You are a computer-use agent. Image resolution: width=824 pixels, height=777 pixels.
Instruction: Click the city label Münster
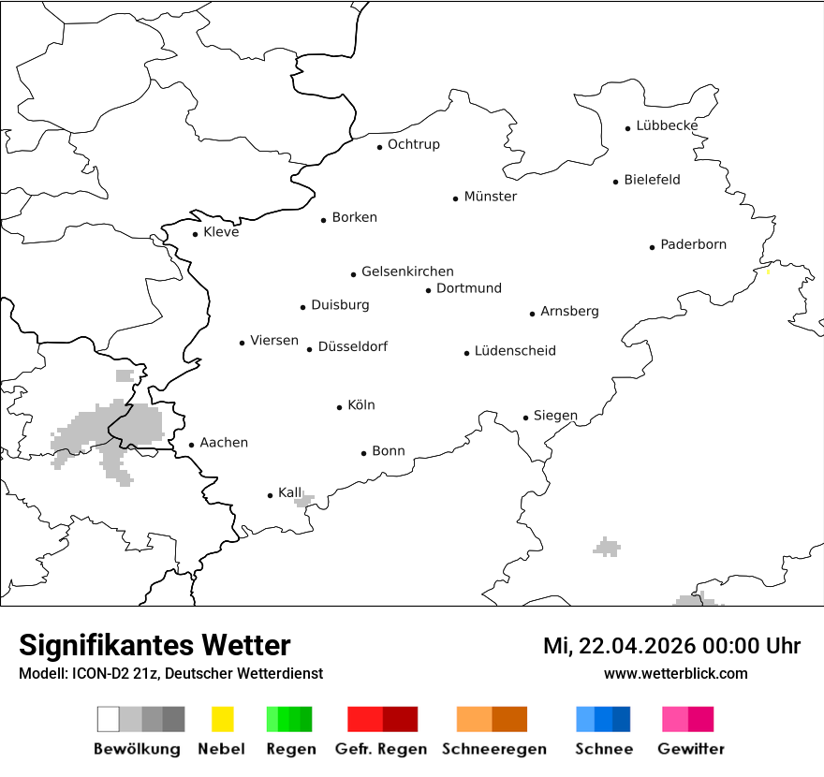(491, 197)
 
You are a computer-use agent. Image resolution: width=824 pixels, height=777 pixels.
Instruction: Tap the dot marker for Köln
(339, 407)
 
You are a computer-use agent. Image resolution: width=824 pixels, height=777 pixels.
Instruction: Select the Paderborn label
(693, 245)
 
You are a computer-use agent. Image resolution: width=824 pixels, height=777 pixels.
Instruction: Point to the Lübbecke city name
(667, 126)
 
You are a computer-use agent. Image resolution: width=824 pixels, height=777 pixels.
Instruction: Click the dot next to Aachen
(191, 446)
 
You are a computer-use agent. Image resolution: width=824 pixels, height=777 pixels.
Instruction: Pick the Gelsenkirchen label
(407, 272)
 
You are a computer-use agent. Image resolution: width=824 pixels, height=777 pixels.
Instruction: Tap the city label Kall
(290, 492)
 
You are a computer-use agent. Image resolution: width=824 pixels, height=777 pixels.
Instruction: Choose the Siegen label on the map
(555, 416)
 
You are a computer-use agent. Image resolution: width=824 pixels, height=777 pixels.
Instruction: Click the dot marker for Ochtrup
(379, 147)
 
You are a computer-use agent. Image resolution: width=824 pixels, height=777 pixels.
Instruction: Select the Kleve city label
(221, 232)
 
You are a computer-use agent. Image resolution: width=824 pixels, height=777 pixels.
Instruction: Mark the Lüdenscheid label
(515, 351)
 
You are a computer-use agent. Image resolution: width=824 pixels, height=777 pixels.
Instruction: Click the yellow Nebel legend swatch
(222, 719)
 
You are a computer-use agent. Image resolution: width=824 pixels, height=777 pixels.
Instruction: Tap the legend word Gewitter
(690, 749)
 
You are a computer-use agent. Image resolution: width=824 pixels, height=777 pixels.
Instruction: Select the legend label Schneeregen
(493, 749)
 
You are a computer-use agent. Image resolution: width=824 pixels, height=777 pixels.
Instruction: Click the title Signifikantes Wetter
(154, 645)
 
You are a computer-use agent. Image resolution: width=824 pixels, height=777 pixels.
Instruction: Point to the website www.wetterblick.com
(675, 673)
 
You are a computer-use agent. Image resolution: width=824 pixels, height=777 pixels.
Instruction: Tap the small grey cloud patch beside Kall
(302, 502)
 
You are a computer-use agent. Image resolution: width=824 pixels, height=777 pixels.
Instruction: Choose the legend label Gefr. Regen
(381, 749)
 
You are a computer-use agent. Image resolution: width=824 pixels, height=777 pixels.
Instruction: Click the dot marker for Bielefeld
(615, 182)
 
